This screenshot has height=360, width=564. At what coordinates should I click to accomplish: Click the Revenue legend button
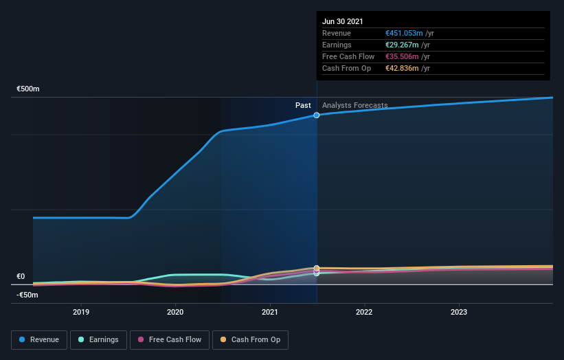pyautogui.click(x=39, y=339)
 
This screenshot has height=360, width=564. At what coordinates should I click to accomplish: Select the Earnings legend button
pyautogui.click(x=98, y=339)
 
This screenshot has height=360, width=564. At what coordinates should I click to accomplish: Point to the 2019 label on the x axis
pyautogui.click(x=81, y=312)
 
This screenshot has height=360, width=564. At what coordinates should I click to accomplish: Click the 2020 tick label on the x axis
pyautogui.click(x=175, y=312)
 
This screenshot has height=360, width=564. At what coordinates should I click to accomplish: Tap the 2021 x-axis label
pyautogui.click(x=270, y=312)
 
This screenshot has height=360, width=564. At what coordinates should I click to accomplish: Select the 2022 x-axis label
pyautogui.click(x=364, y=312)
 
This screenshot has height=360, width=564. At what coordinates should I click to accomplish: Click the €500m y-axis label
pyautogui.click(x=28, y=89)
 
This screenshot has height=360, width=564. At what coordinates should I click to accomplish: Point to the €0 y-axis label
pyautogui.click(x=21, y=277)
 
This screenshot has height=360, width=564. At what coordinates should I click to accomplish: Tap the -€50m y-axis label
pyautogui.click(x=27, y=295)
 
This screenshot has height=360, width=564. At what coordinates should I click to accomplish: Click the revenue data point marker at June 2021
pyautogui.click(x=317, y=115)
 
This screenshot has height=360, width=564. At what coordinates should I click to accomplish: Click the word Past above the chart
pyautogui.click(x=303, y=106)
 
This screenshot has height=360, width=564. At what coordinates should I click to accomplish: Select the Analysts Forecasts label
pyautogui.click(x=354, y=106)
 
